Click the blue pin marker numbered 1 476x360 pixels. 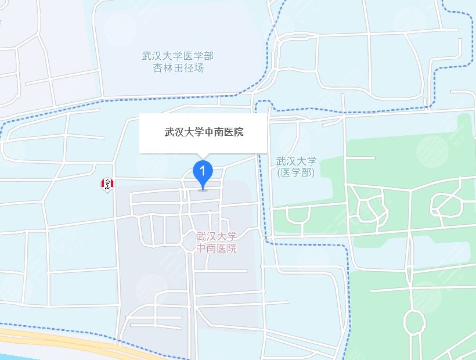203,172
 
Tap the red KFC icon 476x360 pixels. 107,185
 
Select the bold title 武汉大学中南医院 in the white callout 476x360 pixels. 203,132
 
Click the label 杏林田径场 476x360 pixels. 179,67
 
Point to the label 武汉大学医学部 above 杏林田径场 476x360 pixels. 178,56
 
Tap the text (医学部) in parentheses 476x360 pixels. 295,172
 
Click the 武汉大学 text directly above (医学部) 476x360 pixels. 296,161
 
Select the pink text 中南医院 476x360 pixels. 217,248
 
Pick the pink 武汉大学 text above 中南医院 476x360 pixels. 217,237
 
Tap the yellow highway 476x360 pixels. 70,345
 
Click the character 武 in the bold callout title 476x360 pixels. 170,132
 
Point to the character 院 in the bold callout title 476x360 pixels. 238,132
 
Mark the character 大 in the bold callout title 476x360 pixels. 192,132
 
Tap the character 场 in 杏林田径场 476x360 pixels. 200,67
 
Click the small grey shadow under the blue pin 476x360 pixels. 203,189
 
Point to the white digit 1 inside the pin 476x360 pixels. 203,170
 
